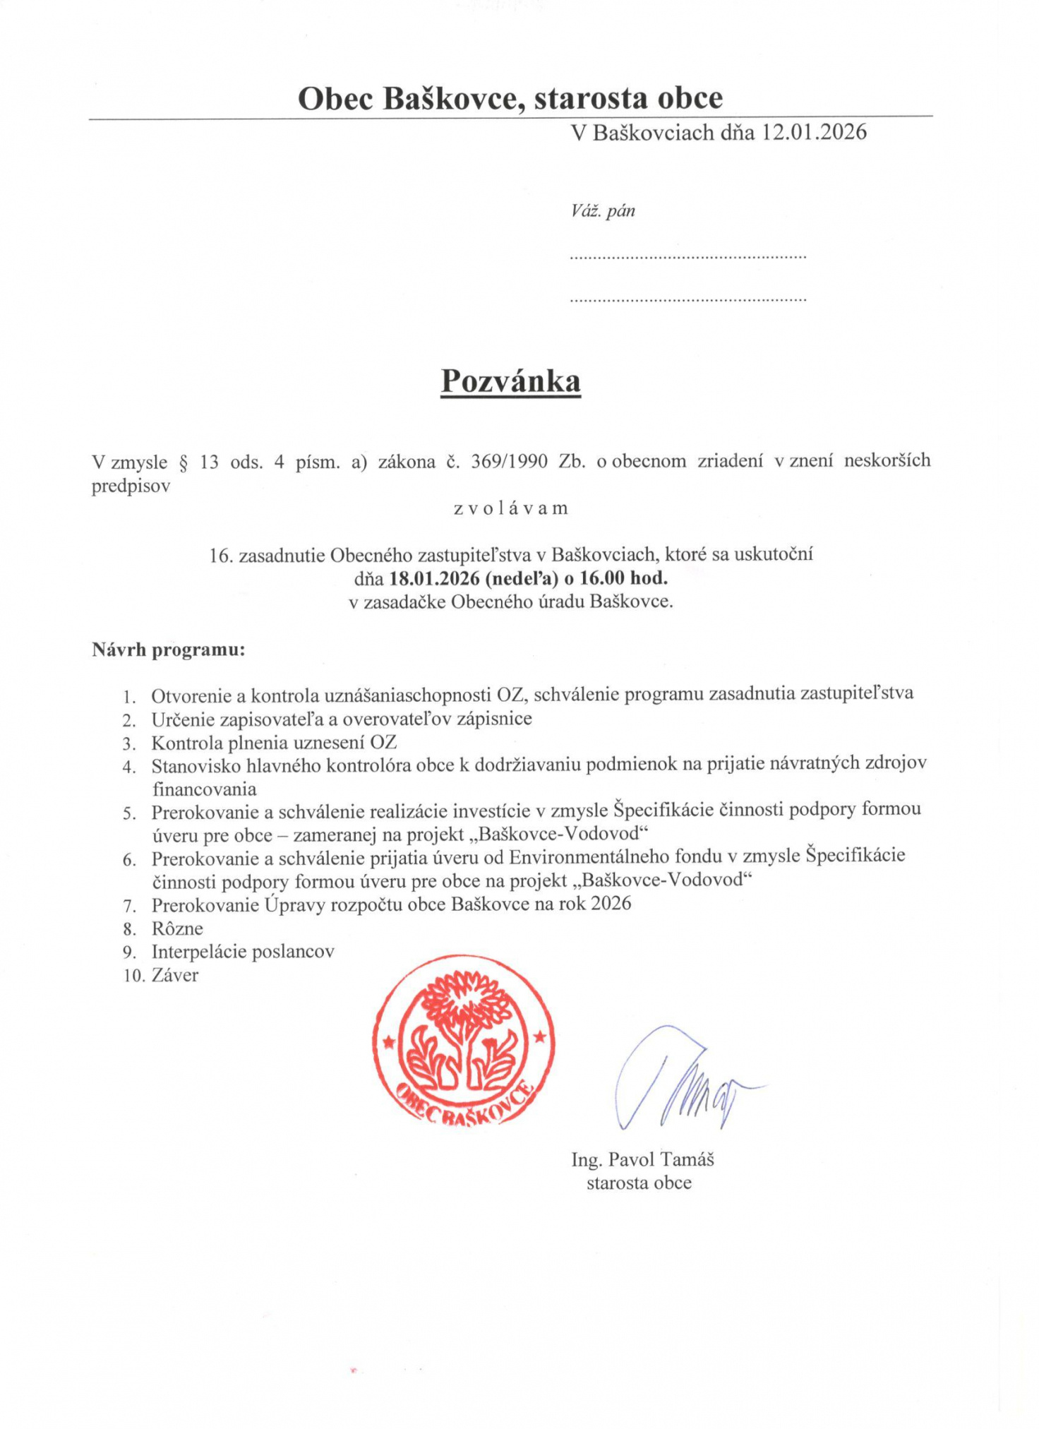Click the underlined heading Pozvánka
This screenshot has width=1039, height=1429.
tap(510, 381)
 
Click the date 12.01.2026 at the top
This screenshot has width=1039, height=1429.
tap(813, 132)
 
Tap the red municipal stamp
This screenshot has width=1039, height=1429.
tap(464, 1045)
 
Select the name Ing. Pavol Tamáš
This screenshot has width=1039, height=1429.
tap(642, 1159)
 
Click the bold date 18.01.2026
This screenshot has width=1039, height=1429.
tap(433, 578)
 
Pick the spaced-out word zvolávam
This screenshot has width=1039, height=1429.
tap(510, 508)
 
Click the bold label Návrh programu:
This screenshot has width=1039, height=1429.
tap(168, 650)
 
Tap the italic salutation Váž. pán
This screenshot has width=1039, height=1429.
tap(603, 210)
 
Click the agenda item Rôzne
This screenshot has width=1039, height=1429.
tap(177, 928)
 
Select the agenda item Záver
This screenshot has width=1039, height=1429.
tap(175, 975)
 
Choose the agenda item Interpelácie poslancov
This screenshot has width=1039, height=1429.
tap(243, 952)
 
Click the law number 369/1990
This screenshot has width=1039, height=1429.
tap(509, 462)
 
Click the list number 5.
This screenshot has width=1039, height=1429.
tap(129, 814)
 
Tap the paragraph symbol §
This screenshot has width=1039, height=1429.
tap(184, 463)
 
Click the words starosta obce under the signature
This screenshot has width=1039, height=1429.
tap(639, 1183)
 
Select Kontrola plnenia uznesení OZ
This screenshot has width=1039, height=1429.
tap(274, 743)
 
